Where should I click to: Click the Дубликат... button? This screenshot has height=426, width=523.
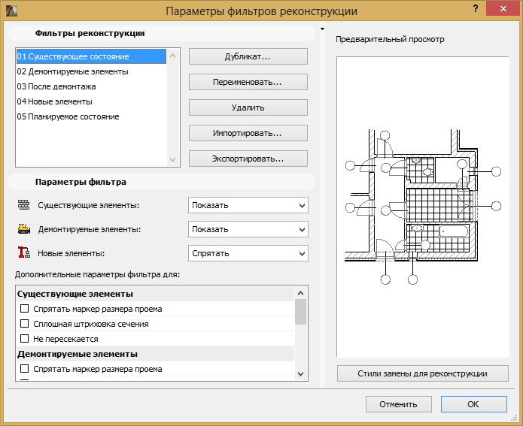248,56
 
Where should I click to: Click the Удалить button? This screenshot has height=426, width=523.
248,107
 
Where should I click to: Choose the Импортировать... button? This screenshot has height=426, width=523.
248,133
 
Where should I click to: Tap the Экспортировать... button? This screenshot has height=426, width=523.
248,159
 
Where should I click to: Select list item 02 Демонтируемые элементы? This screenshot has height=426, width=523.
73,71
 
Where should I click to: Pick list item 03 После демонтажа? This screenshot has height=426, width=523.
56,86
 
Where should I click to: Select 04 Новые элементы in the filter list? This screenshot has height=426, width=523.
55,101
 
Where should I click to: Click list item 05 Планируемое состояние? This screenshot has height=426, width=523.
68,116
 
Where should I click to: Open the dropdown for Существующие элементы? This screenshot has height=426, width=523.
248,205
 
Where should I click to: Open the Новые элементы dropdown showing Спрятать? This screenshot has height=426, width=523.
248,253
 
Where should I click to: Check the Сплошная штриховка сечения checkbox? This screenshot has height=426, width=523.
24,323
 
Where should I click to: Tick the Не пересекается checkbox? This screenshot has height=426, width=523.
24,338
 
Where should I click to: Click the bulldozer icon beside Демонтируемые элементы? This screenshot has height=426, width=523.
23,229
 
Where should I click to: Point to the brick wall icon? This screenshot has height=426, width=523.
23,204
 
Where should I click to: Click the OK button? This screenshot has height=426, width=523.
473,404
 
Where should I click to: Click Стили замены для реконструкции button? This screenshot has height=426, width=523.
423,373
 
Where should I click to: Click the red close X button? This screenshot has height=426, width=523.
503,9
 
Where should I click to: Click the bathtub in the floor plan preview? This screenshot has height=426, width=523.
454,231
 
